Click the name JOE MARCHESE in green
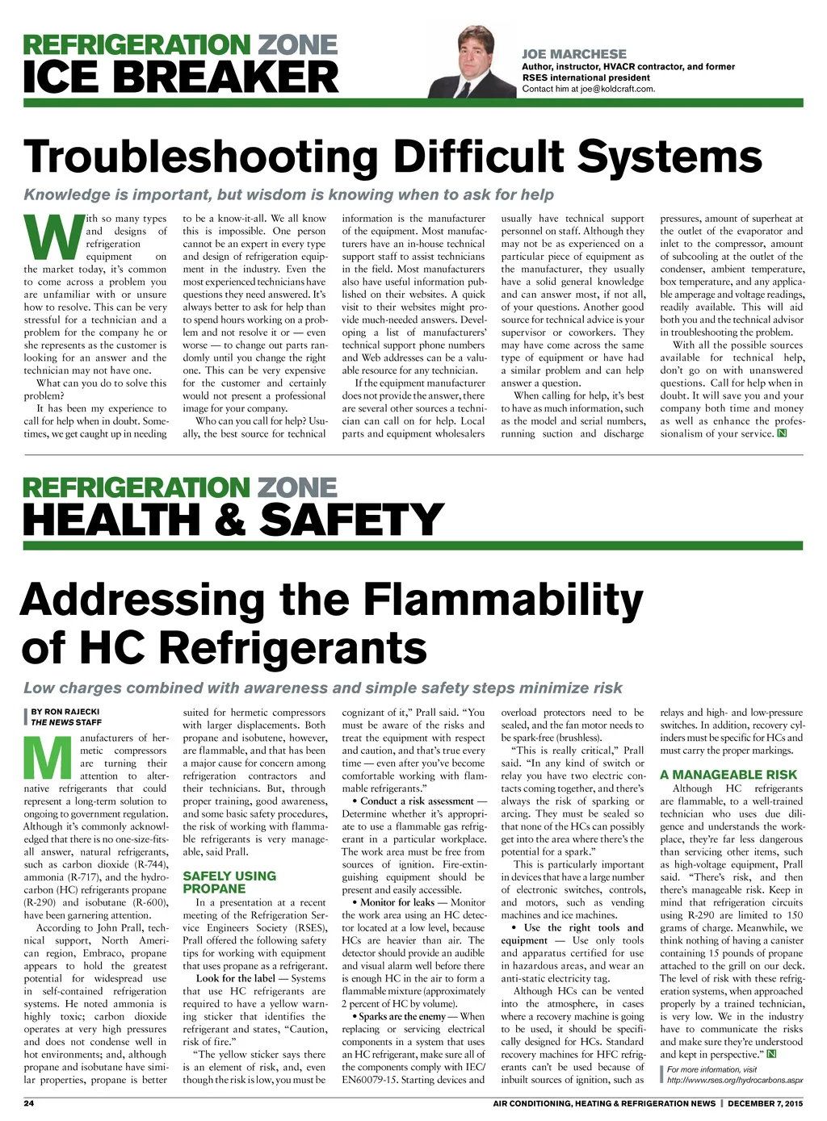coord(573,54)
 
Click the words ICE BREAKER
coord(181,77)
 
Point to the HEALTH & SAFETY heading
coord(233,520)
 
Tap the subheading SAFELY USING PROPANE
coord(229,882)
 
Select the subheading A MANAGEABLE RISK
coord(728,775)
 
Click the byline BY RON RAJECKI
coord(65,712)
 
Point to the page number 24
coord(28,1103)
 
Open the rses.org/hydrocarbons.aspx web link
coord(735,1079)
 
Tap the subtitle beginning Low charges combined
coord(322,688)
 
